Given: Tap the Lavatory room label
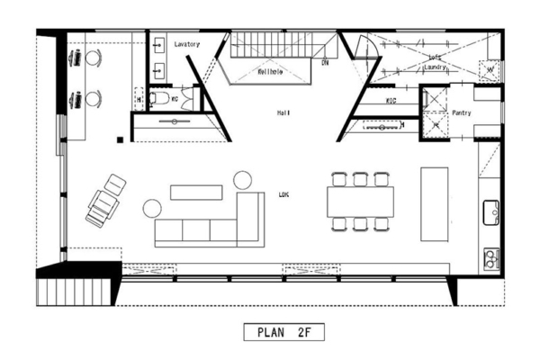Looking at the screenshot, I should (187, 44).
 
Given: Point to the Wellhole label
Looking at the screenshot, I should (271, 70).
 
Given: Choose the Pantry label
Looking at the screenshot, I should (462, 113).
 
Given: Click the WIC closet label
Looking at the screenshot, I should (391, 101).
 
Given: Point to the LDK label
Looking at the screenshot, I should (283, 193).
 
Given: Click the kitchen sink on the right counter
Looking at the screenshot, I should (490, 212).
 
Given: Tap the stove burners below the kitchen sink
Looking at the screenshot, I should (490, 260).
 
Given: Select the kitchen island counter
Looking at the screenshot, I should (434, 202).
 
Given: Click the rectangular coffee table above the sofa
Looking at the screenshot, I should (195, 191).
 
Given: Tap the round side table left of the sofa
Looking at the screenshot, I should (151, 210).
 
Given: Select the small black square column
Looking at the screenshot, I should (119, 139).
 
